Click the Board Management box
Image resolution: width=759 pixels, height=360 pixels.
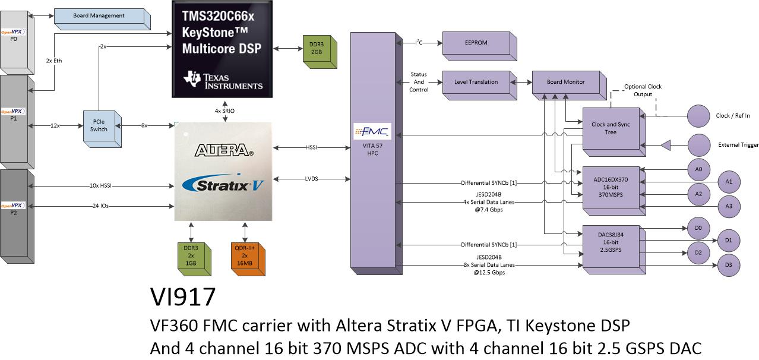coord(102,20)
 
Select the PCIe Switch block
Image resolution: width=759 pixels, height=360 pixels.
coord(102,129)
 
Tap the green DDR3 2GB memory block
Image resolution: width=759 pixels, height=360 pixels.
coord(320,52)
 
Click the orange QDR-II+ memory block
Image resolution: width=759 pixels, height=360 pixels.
coord(248,259)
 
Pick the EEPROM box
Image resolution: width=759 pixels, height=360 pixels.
coord(479,46)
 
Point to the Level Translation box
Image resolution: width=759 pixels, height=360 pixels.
coord(479,86)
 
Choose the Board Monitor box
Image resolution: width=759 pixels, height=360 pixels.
coord(569,86)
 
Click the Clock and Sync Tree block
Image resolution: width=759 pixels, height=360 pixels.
coord(614,132)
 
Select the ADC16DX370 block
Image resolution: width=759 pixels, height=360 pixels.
coord(614,191)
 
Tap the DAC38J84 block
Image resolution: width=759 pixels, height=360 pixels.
coord(614,249)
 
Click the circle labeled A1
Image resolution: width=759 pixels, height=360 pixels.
coord(729,182)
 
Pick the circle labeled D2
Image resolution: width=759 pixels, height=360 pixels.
coord(698,252)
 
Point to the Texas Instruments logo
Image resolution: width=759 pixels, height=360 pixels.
coord(223,80)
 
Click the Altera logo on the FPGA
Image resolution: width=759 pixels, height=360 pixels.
coord(224,150)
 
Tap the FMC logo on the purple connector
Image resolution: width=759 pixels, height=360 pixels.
coord(372,131)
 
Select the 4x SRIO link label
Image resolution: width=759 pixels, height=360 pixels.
coord(224,111)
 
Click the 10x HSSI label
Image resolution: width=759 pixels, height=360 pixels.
coord(100,186)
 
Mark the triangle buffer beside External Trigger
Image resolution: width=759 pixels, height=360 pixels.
coord(666,146)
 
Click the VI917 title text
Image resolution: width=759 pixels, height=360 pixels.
coord(183,297)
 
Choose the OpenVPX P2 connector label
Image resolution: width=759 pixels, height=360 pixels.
coord(13,209)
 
